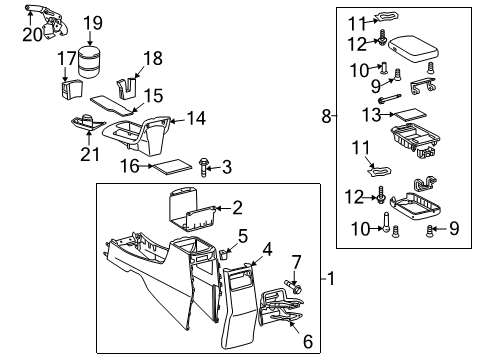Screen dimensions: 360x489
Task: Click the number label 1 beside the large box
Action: click(331, 278)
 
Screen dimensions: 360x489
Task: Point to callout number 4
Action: click(266, 249)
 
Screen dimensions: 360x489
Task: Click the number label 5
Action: click(243, 236)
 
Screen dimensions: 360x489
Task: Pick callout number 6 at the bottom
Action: click(308, 342)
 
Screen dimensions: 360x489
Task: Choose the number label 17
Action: click(67, 59)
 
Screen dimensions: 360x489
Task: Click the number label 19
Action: click(92, 22)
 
